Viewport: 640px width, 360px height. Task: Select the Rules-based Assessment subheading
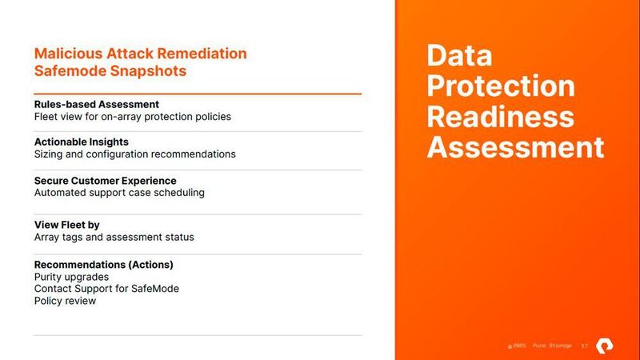[x=96, y=104]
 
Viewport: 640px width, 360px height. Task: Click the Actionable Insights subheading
[x=81, y=142]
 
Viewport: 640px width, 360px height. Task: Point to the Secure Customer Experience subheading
[x=105, y=180]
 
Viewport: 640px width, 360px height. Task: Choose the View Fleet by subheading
[x=66, y=225]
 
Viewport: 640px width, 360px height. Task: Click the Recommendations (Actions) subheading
[x=103, y=264]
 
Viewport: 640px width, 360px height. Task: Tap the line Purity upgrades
[x=71, y=277]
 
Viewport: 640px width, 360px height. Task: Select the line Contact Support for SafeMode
[x=106, y=289]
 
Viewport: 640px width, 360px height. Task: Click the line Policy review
[x=65, y=301]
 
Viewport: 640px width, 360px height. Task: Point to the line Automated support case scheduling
[x=119, y=193]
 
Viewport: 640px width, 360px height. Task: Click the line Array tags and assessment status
[x=114, y=238]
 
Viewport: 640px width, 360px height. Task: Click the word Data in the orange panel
[x=459, y=56]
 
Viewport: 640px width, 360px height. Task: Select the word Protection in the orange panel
[x=501, y=86]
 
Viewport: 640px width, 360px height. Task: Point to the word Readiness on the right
[x=501, y=117]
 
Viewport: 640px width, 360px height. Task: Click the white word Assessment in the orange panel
[x=515, y=147]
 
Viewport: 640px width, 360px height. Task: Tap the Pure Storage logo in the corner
[x=613, y=345]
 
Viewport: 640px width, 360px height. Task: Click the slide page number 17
[x=585, y=346]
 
